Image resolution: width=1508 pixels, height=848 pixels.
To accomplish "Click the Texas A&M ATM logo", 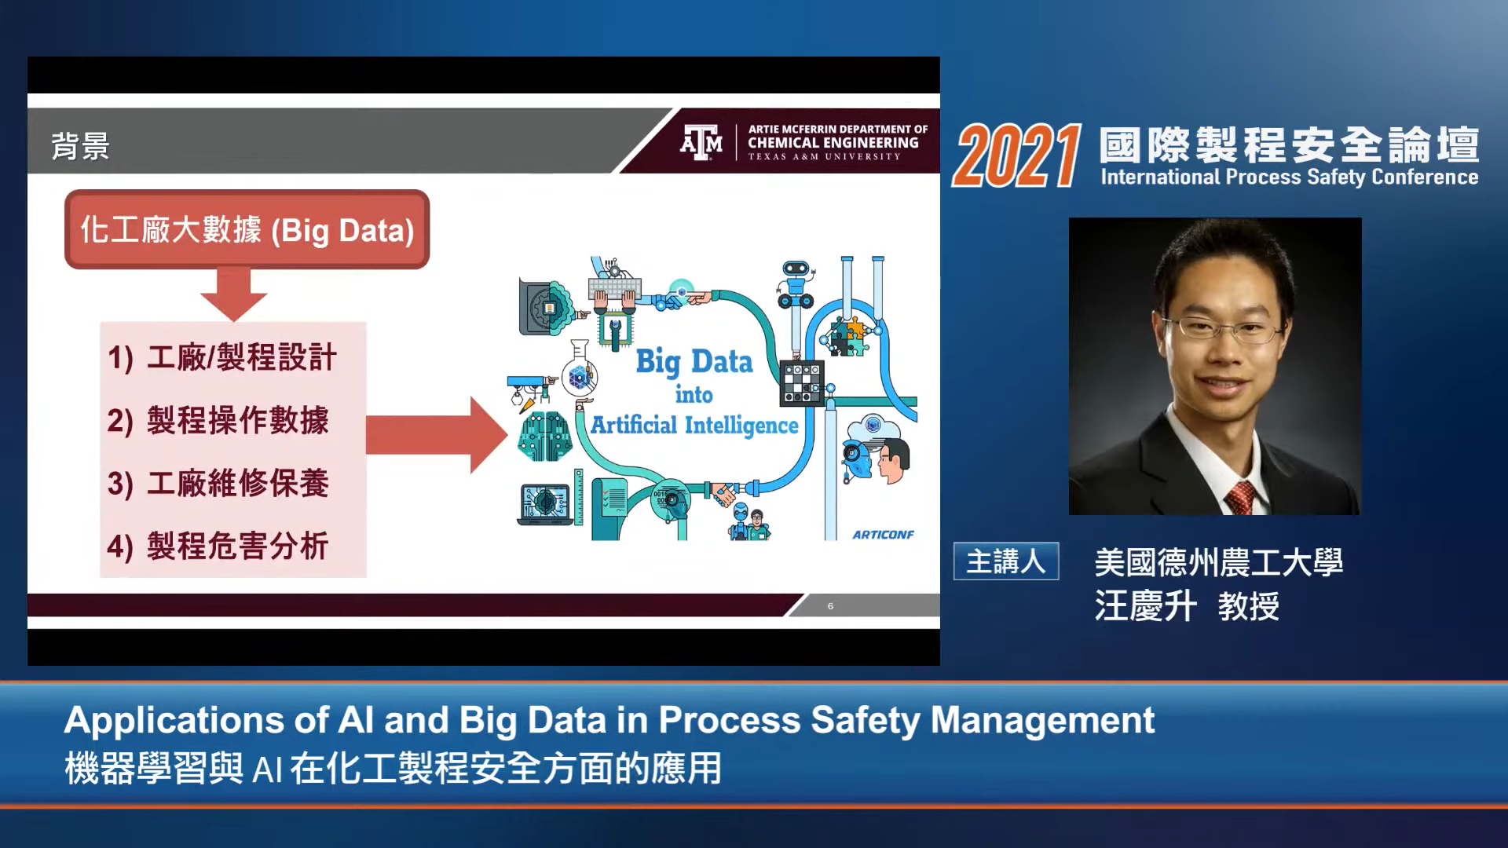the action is pos(701,143).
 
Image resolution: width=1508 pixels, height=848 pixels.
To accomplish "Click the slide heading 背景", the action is pos(80,146).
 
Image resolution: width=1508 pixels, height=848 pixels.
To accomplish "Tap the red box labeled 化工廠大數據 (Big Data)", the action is pos(247,229).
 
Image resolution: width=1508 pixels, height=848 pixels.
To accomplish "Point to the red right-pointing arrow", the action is pos(437,435).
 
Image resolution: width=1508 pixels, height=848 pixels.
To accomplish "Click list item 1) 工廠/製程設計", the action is pos(222,357).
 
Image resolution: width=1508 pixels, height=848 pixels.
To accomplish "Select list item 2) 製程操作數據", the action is pos(218,420).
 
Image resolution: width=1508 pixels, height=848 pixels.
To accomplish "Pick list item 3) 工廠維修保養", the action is pos(218,483).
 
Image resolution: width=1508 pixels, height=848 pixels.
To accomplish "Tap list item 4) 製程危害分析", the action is pos(218,546).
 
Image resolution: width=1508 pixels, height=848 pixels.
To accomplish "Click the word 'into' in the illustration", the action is pos(694,395).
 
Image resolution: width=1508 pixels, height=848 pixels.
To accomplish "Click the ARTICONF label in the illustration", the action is pos(884,535).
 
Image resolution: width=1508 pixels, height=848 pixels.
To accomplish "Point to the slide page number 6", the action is pos(830,606).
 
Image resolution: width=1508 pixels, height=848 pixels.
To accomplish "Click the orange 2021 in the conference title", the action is pos(1017,156).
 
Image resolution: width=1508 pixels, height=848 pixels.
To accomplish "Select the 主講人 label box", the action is pos(1006,561).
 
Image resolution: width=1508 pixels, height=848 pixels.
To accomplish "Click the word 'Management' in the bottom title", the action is pos(1042,721).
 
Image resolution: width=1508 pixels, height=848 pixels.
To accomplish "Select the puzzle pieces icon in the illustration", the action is pos(844,337).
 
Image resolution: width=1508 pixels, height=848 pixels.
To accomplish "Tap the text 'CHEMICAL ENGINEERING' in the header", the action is pos(833,143).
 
